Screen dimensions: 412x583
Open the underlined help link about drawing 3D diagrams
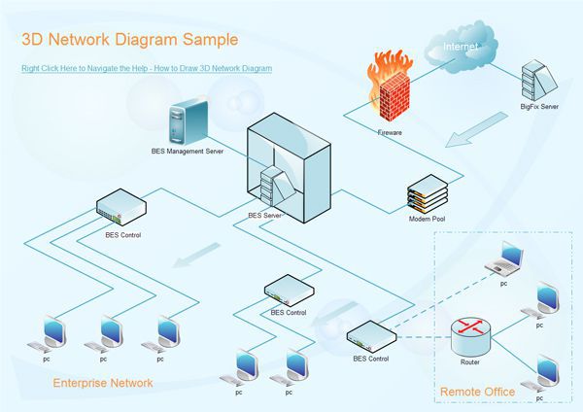(x=147, y=69)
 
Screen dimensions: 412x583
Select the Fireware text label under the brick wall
(x=390, y=131)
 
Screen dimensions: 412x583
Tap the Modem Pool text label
(x=427, y=221)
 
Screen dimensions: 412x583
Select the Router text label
(x=469, y=362)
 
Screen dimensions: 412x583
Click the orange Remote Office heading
(x=477, y=392)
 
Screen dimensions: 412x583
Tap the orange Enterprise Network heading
(x=102, y=383)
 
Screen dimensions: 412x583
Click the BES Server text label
(x=264, y=215)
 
